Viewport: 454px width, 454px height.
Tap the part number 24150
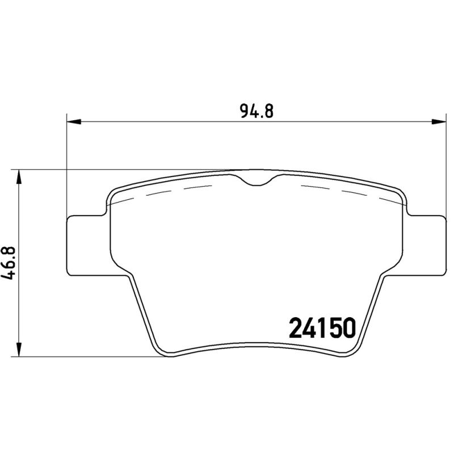322,327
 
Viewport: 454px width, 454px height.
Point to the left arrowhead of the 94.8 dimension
74,121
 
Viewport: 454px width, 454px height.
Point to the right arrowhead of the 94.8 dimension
438,121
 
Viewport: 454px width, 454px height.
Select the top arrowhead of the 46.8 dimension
19,176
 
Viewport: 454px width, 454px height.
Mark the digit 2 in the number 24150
297,327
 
